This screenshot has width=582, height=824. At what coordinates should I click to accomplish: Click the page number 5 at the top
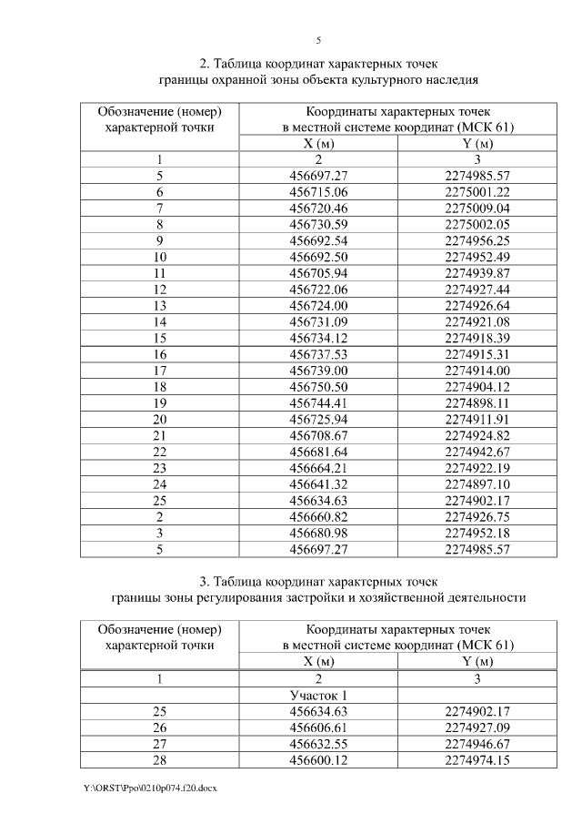coord(318,40)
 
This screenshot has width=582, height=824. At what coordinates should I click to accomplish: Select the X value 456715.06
coord(318,192)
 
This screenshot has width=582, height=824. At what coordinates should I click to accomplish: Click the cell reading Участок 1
coord(318,695)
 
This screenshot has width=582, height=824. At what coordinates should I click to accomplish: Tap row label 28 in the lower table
coord(159,759)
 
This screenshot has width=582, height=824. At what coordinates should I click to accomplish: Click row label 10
coord(159,257)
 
